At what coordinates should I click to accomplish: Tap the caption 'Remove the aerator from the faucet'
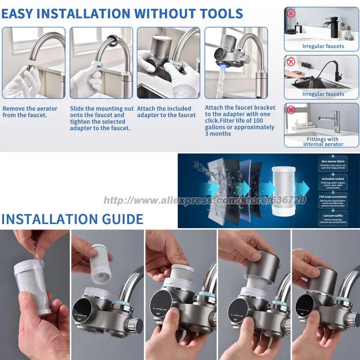pyautogui.click(x=30, y=112)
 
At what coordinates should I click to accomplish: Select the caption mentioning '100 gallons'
pyautogui.click(x=239, y=121)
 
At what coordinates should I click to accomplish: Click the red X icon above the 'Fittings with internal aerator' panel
pyautogui.click(x=291, y=109)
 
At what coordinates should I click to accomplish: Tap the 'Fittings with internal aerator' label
pyautogui.click(x=323, y=142)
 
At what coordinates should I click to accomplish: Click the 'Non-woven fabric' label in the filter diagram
pyautogui.click(x=333, y=161)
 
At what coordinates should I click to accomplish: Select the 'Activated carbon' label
pyautogui.click(x=333, y=179)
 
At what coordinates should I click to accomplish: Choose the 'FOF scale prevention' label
pyautogui.click(x=333, y=196)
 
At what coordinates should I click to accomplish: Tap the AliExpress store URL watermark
pyautogui.click(x=205, y=200)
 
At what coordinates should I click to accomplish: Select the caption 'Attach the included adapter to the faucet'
pyautogui.click(x=166, y=112)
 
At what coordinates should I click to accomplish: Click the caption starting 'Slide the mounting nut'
pyautogui.click(x=102, y=118)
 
